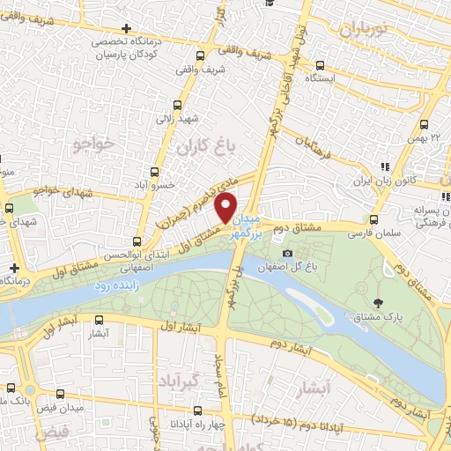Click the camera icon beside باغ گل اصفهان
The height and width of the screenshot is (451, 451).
(x=287, y=255)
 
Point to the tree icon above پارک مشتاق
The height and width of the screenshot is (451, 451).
(x=378, y=302)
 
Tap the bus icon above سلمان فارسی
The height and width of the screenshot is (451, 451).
(x=374, y=219)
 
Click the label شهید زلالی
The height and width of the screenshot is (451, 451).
(x=175, y=116)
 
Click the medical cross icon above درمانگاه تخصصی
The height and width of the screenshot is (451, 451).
(x=129, y=29)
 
